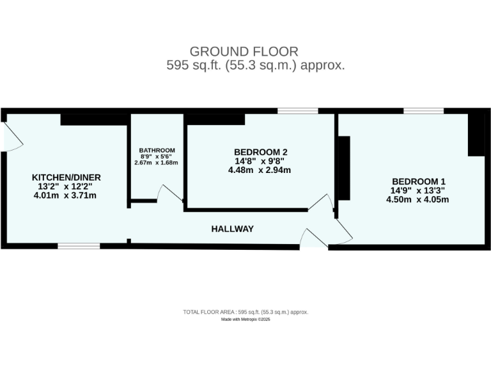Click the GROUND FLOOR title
(244, 51)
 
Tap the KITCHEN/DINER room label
(66, 177)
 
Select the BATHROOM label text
(157, 151)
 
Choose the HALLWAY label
(233, 229)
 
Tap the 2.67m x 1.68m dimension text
(157, 163)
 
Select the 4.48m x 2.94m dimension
(260, 170)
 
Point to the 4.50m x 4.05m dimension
(417, 199)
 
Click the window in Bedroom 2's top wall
(297, 111)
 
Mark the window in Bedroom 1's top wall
(423, 111)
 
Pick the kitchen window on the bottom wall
(79, 245)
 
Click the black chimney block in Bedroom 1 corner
(476, 135)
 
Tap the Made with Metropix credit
(245, 319)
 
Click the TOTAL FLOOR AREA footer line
(245, 312)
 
